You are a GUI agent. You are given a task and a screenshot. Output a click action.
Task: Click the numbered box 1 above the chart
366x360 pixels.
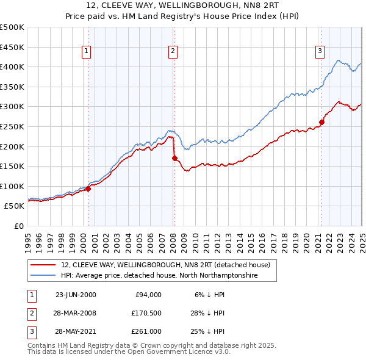point(86,52)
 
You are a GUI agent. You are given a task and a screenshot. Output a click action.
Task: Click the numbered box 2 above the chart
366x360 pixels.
point(173,52)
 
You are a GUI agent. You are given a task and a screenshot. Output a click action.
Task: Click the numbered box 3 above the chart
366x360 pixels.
point(320,52)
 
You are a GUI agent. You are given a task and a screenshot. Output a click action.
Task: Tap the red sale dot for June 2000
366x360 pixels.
point(88,189)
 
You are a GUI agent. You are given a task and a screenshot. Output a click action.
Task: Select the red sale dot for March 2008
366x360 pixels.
point(174,158)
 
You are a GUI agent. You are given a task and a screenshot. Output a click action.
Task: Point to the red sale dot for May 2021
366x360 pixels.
point(321,122)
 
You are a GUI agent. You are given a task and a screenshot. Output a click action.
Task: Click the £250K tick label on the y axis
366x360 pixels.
point(12,126)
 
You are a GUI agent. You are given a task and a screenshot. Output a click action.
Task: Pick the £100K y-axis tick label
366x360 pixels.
point(12,186)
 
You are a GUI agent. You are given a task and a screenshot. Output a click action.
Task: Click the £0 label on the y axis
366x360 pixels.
point(18,226)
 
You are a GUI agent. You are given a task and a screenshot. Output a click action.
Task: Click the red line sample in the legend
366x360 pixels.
point(43,265)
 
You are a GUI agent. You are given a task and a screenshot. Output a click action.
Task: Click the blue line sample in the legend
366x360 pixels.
point(43,276)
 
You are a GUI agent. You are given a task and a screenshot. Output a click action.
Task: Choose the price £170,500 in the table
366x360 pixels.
point(147,314)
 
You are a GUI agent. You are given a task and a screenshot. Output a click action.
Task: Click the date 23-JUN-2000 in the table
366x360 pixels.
point(76,295)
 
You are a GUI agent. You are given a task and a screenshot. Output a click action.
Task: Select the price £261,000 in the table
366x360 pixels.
point(147,333)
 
